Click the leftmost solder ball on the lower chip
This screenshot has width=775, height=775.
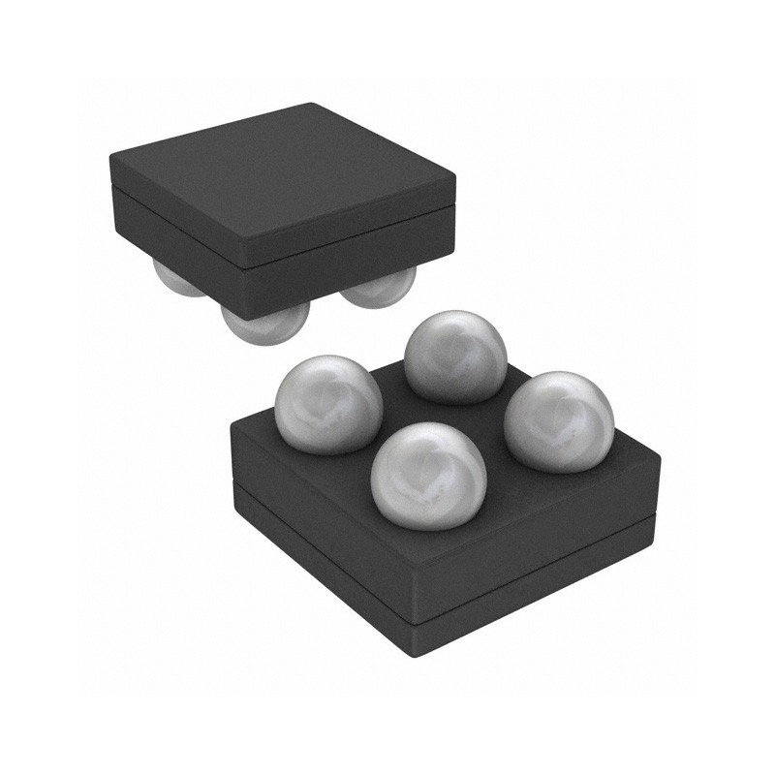click(x=326, y=403)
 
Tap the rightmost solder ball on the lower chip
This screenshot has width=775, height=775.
click(x=560, y=420)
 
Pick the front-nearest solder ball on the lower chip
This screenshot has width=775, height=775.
click(x=429, y=476)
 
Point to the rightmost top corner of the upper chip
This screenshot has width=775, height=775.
click(x=454, y=178)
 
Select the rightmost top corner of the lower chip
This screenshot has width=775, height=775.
click(x=659, y=455)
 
